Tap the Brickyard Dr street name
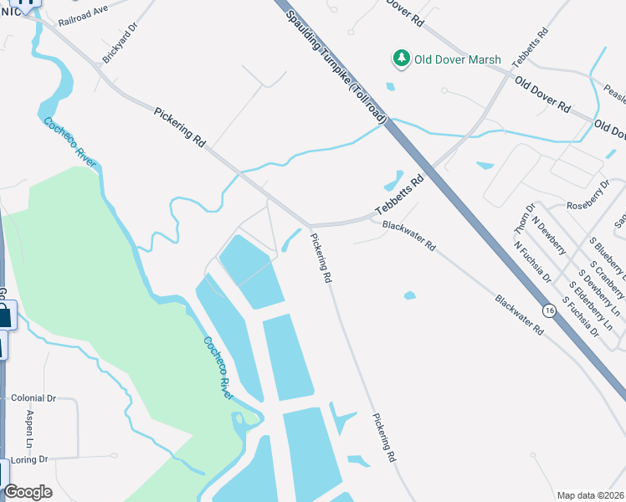[x=117, y=53]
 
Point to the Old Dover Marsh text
[x=459, y=59]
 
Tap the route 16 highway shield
[x=549, y=310]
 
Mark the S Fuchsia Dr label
[x=581, y=315]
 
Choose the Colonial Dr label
[x=33, y=399]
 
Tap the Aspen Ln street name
[x=28, y=428]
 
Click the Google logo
[x=28, y=492]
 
